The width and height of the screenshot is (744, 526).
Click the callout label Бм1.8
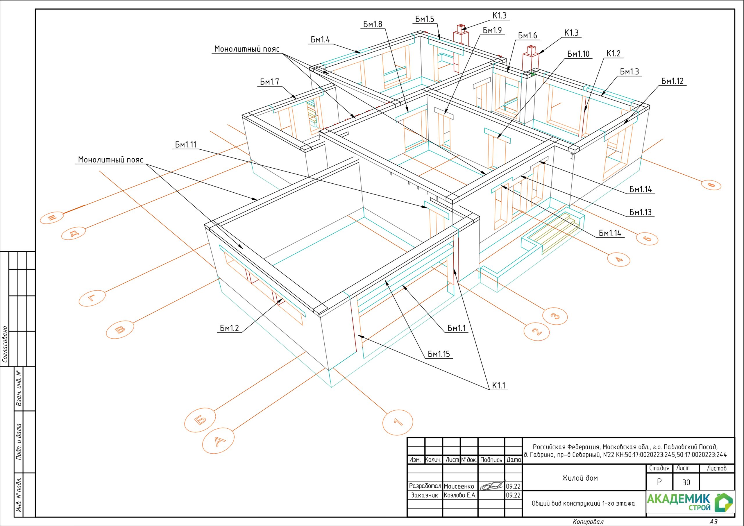tap(372, 24)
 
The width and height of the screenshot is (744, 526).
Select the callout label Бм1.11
tap(186, 144)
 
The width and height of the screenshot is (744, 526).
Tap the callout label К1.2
tap(614, 53)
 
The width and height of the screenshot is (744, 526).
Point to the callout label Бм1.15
tap(439, 354)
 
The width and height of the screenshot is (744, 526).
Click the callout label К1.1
tap(499, 385)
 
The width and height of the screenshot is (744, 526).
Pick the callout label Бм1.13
tap(640, 212)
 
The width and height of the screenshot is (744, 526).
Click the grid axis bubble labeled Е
tap(52, 217)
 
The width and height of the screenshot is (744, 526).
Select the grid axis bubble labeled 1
tap(398, 422)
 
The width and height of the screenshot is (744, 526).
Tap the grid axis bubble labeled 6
tap(711, 185)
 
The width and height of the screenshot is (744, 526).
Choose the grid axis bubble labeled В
tap(120, 330)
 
